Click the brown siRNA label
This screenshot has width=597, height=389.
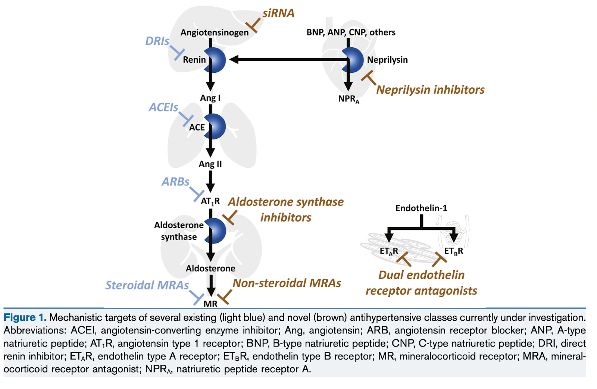(x=278, y=13)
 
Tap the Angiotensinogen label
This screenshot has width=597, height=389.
(x=215, y=32)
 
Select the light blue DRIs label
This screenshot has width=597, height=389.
(x=157, y=41)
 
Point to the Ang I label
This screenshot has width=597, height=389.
(x=210, y=98)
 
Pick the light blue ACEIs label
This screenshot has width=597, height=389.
(x=163, y=107)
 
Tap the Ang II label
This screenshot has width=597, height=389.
(x=210, y=164)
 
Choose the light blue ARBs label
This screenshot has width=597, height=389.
(x=175, y=182)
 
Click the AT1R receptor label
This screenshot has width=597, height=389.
(x=210, y=201)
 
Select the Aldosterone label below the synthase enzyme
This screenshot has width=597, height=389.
(x=210, y=269)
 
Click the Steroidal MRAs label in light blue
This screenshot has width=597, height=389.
(x=147, y=285)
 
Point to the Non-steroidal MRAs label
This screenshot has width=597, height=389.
(x=287, y=283)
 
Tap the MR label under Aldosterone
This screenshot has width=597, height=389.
(x=210, y=304)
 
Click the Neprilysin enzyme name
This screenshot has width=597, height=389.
(x=387, y=60)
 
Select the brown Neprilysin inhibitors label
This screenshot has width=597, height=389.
(x=430, y=90)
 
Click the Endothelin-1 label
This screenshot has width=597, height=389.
(x=421, y=208)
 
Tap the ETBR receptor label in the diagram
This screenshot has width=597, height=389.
(x=453, y=251)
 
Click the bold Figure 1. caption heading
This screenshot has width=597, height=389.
(x=25, y=317)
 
